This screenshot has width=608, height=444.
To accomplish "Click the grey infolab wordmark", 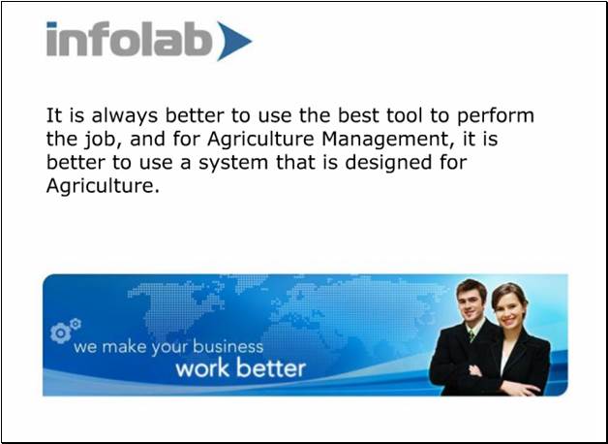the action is (129, 39).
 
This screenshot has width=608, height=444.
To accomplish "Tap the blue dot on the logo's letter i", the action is (51, 25).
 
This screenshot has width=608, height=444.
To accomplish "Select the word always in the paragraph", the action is (125, 116).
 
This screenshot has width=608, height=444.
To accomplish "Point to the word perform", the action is (496, 116).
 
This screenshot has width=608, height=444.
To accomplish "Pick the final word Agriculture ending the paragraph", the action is (103, 186).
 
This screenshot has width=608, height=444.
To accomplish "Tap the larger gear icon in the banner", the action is (60, 333).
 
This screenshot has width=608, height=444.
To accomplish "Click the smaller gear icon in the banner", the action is (76, 323).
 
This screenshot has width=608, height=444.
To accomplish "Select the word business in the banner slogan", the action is (228, 346).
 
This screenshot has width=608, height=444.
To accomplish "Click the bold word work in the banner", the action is (202, 368).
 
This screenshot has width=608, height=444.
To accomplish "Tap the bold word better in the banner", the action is (271, 368).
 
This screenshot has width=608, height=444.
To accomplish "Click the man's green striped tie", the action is (471, 335).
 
